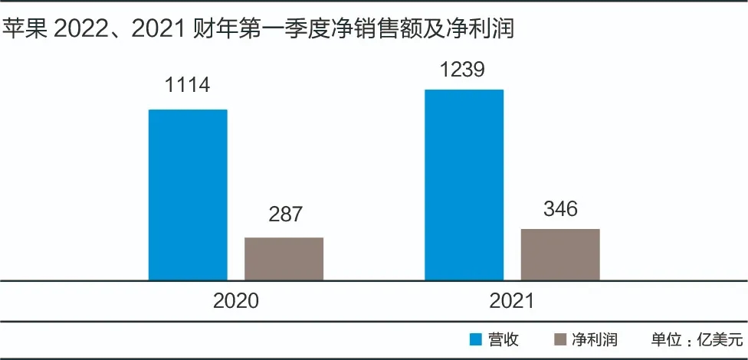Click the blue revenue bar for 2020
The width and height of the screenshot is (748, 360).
coord(188,195)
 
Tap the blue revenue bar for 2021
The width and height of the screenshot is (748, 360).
coord(464,185)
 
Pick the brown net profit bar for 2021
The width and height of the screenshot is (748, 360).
coord(560,254)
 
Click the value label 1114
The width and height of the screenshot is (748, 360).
coord(188,84)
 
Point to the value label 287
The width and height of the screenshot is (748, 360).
coord(285,214)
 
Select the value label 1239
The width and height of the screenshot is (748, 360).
coord(463,70)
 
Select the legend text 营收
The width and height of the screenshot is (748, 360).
coord(504,339)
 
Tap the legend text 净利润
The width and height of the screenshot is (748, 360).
coord(595,339)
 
